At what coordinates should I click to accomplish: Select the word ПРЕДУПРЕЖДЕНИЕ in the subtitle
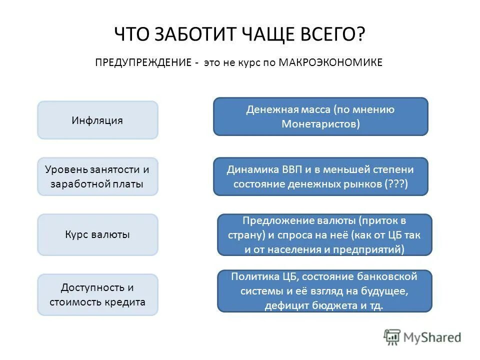pyautogui.click(x=143, y=62)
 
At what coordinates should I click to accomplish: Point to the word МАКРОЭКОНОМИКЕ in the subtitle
pyautogui.click(x=330, y=62)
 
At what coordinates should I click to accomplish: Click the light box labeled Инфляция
pyautogui.click(x=97, y=120)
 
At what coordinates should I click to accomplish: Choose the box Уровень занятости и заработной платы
pyautogui.click(x=97, y=176)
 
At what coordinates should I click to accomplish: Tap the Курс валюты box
pyautogui.click(x=97, y=234)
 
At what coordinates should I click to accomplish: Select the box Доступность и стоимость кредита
pyautogui.click(x=97, y=294)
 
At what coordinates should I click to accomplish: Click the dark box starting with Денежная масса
pyautogui.click(x=320, y=116)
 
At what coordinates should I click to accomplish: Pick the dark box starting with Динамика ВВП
pyautogui.click(x=320, y=176)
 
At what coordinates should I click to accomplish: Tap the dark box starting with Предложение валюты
pyautogui.click(x=324, y=234)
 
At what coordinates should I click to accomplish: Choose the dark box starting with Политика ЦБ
pyautogui.click(x=324, y=291)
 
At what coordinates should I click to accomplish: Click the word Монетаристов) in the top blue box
pyautogui.click(x=320, y=123)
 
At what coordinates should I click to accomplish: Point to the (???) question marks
pyautogui.click(x=397, y=184)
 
